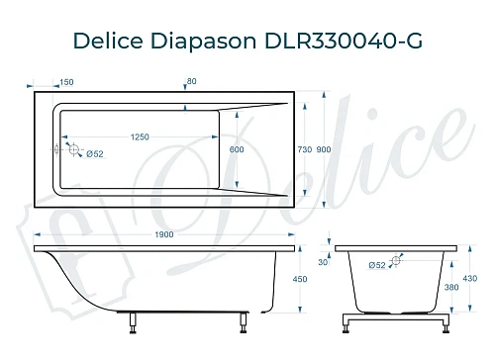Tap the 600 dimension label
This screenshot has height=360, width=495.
(237, 148)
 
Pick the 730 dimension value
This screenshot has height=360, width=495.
(305, 148)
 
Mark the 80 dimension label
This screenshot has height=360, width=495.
(191, 83)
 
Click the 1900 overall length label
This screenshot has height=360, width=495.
(164, 234)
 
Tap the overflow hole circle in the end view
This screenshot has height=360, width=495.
(396, 261)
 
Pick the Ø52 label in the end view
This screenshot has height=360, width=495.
(376, 265)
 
